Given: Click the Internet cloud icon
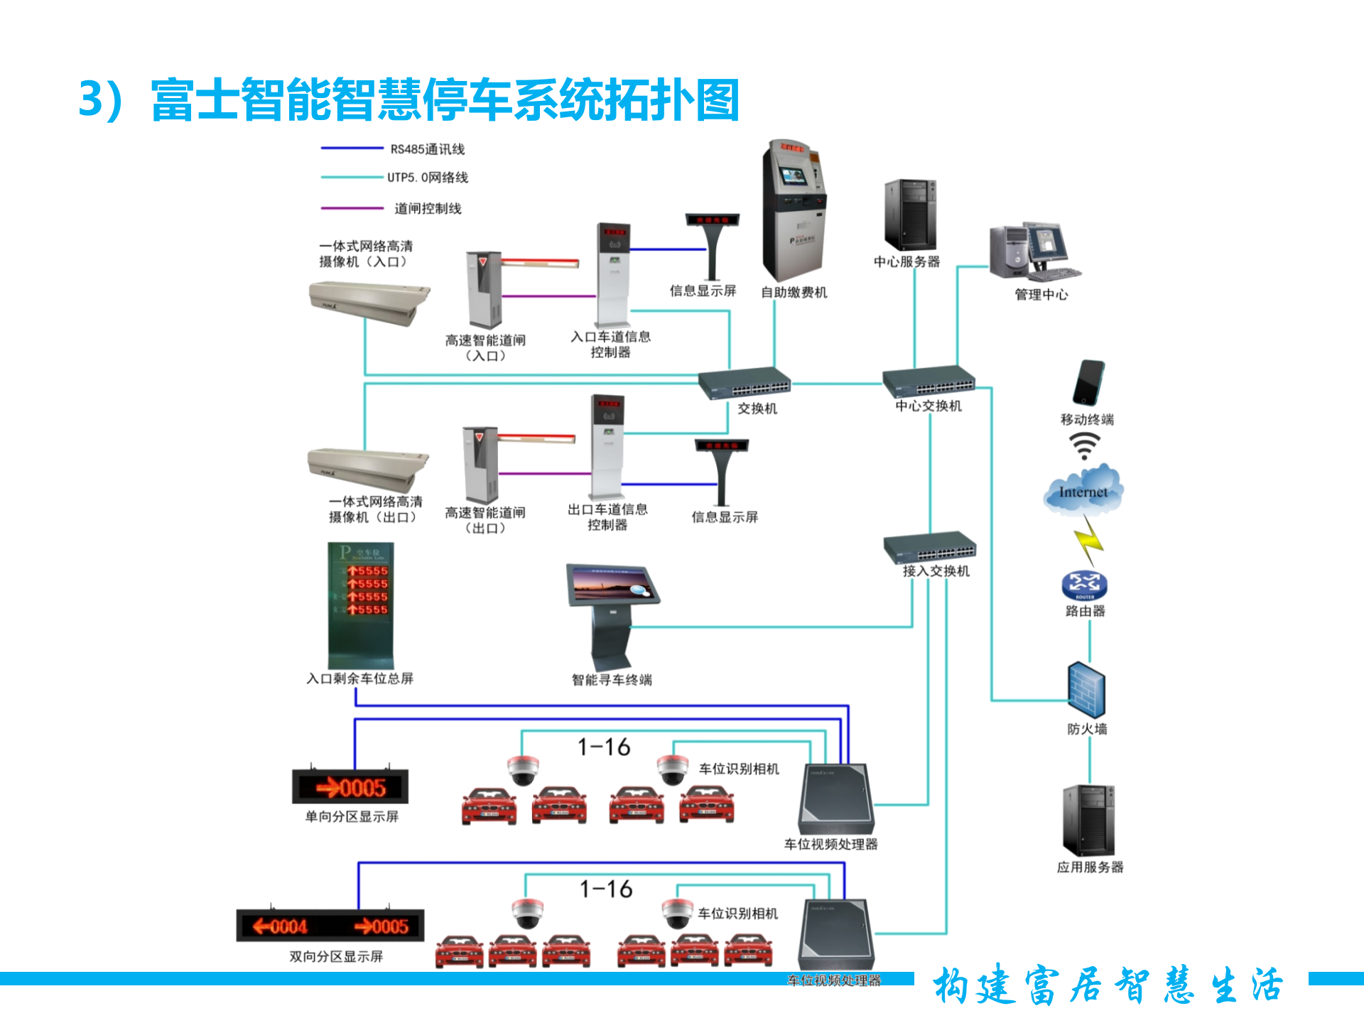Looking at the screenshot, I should (1083, 490).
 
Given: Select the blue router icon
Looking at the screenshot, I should (1084, 585).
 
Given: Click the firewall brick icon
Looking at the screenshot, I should (1086, 690).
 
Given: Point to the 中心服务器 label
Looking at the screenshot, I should (906, 262).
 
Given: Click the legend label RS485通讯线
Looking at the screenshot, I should (427, 149).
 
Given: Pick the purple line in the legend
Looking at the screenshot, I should (352, 208).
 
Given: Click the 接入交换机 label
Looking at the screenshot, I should (936, 571).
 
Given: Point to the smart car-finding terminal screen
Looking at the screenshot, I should (612, 585).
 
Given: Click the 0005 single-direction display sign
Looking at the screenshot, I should (350, 787).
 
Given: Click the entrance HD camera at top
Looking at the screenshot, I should (369, 302).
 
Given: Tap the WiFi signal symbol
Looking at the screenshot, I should (1084, 446).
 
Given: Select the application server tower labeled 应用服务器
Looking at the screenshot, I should (1088, 821).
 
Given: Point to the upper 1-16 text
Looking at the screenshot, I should (604, 747).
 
